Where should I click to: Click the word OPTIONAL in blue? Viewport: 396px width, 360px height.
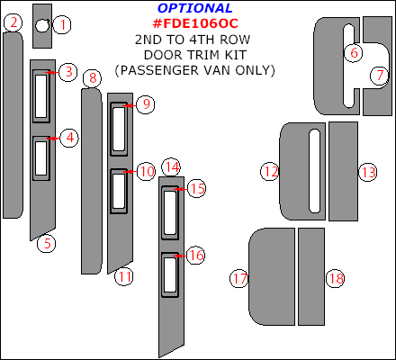pos(195,8)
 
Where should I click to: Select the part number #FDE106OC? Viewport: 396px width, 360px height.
pos(195,23)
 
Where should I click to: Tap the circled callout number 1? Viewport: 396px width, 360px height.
pos(62,24)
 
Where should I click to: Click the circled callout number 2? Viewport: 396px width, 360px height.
pos(13,22)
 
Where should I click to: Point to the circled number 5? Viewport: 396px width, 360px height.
pos(47,243)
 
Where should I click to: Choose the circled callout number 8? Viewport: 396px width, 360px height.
pos(93,78)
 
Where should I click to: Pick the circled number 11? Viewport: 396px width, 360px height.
pos(124,276)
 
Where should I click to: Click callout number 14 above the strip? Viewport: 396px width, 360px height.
pos(171,166)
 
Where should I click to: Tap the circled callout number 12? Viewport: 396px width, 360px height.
pos(269,172)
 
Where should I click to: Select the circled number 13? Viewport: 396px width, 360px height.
pos(368,172)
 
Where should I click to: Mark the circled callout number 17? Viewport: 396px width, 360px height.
pos(239,278)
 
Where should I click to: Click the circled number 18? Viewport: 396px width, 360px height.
pos(336,278)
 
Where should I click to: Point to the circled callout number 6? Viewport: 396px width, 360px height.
pos(354,53)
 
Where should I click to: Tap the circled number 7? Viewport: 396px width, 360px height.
pos(379,76)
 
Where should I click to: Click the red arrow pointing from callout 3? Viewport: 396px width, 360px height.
pos(52,72)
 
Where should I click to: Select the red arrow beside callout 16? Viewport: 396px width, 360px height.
pos(180,256)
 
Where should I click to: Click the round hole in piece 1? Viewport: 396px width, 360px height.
pos(42,25)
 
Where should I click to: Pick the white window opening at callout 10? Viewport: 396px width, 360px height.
pos(119,191)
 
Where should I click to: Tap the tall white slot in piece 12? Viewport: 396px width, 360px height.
pos(314,171)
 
